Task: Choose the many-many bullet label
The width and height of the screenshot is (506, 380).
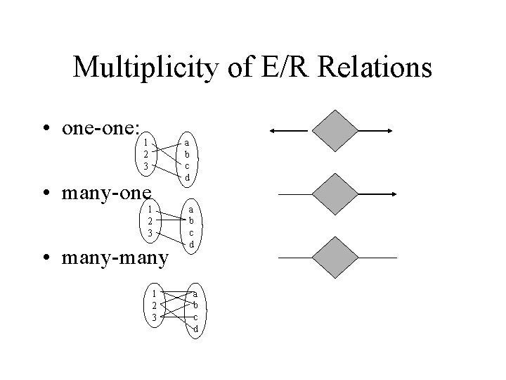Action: (115, 258)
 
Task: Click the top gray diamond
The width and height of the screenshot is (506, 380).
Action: (335, 130)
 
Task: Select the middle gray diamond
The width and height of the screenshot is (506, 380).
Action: (335, 194)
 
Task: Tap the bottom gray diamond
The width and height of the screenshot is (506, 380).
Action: (335, 258)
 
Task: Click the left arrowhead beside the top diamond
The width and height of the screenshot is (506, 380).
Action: (274, 131)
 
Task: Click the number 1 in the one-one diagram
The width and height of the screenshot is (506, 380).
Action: (145, 142)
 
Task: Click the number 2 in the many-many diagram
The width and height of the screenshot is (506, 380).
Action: (153, 305)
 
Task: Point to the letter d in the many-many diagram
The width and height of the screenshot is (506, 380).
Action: (195, 329)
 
